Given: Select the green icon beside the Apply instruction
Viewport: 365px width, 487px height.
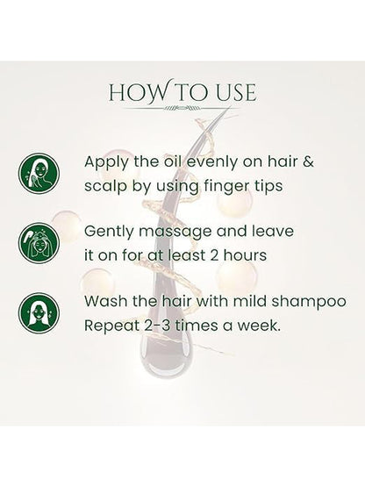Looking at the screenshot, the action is click(x=39, y=174).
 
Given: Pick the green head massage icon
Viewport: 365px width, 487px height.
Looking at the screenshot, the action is click(x=39, y=243).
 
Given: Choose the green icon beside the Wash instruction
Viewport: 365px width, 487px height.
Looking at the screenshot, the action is click(x=39, y=312).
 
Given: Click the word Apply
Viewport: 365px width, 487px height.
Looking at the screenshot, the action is click(x=106, y=162).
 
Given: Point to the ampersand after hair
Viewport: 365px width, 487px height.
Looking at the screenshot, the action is click(x=308, y=161).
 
